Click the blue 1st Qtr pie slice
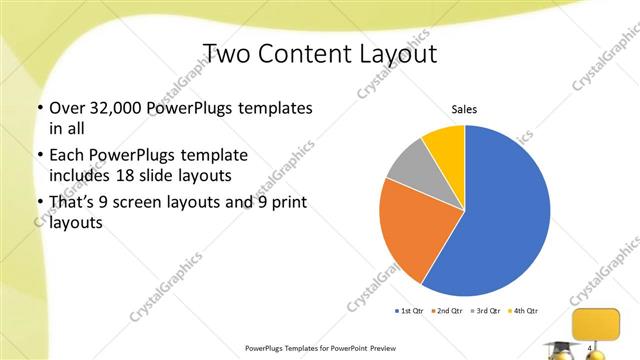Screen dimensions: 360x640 [x=505, y=215]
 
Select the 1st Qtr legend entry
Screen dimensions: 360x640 [x=408, y=310]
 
